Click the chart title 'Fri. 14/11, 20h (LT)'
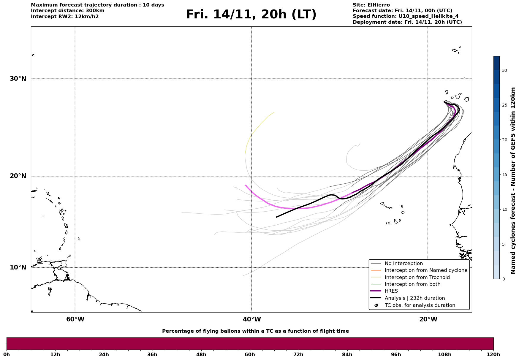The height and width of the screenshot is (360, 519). [251, 15]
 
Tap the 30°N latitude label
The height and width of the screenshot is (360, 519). [18, 79]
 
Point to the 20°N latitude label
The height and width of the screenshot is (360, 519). [18, 176]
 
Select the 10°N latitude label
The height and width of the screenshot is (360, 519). [18, 267]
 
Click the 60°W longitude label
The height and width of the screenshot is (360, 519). [75, 319]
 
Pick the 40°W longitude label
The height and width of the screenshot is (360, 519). [252, 319]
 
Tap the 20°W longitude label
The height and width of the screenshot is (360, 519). [428, 319]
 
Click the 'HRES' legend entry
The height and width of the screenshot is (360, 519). [391, 291]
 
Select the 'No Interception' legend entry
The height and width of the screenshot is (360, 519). [404, 264]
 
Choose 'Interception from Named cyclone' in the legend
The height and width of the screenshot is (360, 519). [426, 270]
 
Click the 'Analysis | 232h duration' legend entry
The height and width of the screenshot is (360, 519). [414, 298]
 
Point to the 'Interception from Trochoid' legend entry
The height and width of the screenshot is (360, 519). [417, 277]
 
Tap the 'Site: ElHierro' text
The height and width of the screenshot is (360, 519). [371, 5]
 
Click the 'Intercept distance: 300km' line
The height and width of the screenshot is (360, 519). [67, 11]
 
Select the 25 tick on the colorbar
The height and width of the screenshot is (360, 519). [504, 105]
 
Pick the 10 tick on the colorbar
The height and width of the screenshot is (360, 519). [504, 209]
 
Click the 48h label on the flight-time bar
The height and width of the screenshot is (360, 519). [201, 355]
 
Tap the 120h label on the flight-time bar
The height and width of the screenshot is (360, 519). [493, 355]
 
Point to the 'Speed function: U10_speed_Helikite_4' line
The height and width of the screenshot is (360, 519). [405, 16]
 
